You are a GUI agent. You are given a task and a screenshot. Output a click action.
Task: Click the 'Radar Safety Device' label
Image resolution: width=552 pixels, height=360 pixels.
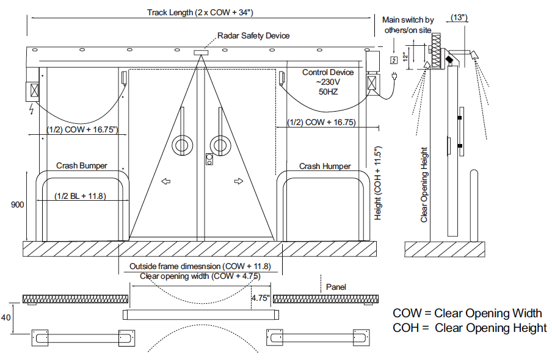[253, 35]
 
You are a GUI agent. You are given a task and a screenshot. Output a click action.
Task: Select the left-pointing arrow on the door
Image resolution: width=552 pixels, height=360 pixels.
[166, 181]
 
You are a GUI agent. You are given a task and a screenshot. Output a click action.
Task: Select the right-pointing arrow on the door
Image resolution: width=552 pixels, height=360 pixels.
[238, 181]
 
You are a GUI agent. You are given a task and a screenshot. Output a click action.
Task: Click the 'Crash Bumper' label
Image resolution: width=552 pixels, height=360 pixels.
[82, 165]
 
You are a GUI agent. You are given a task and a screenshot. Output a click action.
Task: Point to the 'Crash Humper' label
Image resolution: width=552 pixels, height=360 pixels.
[325, 166]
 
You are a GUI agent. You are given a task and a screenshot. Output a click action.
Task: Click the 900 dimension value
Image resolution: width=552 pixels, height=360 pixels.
[17, 205]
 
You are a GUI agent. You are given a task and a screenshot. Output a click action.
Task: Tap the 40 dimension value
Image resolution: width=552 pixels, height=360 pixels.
[6, 317]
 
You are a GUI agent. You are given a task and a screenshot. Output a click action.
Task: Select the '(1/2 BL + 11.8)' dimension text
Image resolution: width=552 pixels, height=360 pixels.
[81, 196]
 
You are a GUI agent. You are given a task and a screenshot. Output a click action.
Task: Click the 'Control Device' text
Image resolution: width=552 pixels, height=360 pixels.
[328, 73]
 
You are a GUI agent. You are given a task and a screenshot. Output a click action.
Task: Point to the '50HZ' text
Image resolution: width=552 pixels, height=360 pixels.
[328, 92]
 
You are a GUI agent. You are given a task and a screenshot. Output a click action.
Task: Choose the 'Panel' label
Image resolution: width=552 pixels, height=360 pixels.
[336, 286]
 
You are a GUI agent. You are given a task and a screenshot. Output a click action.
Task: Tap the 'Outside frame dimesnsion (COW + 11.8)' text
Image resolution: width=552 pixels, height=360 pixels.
[204, 266]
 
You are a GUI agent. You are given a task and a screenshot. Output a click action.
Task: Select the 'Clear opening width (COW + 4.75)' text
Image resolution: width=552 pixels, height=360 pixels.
[200, 276]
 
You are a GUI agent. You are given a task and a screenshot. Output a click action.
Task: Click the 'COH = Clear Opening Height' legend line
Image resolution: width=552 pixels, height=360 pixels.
[470, 328]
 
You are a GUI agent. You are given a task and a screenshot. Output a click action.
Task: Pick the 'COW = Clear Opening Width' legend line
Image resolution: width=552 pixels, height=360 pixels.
[467, 313]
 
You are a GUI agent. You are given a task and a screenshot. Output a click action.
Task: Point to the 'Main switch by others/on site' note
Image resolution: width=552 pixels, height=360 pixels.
[409, 25]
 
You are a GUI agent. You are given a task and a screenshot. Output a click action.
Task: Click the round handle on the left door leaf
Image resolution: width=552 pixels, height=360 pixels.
[181, 145]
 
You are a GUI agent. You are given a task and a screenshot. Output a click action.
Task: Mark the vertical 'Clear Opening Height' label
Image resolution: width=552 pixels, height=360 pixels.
[424, 184]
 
